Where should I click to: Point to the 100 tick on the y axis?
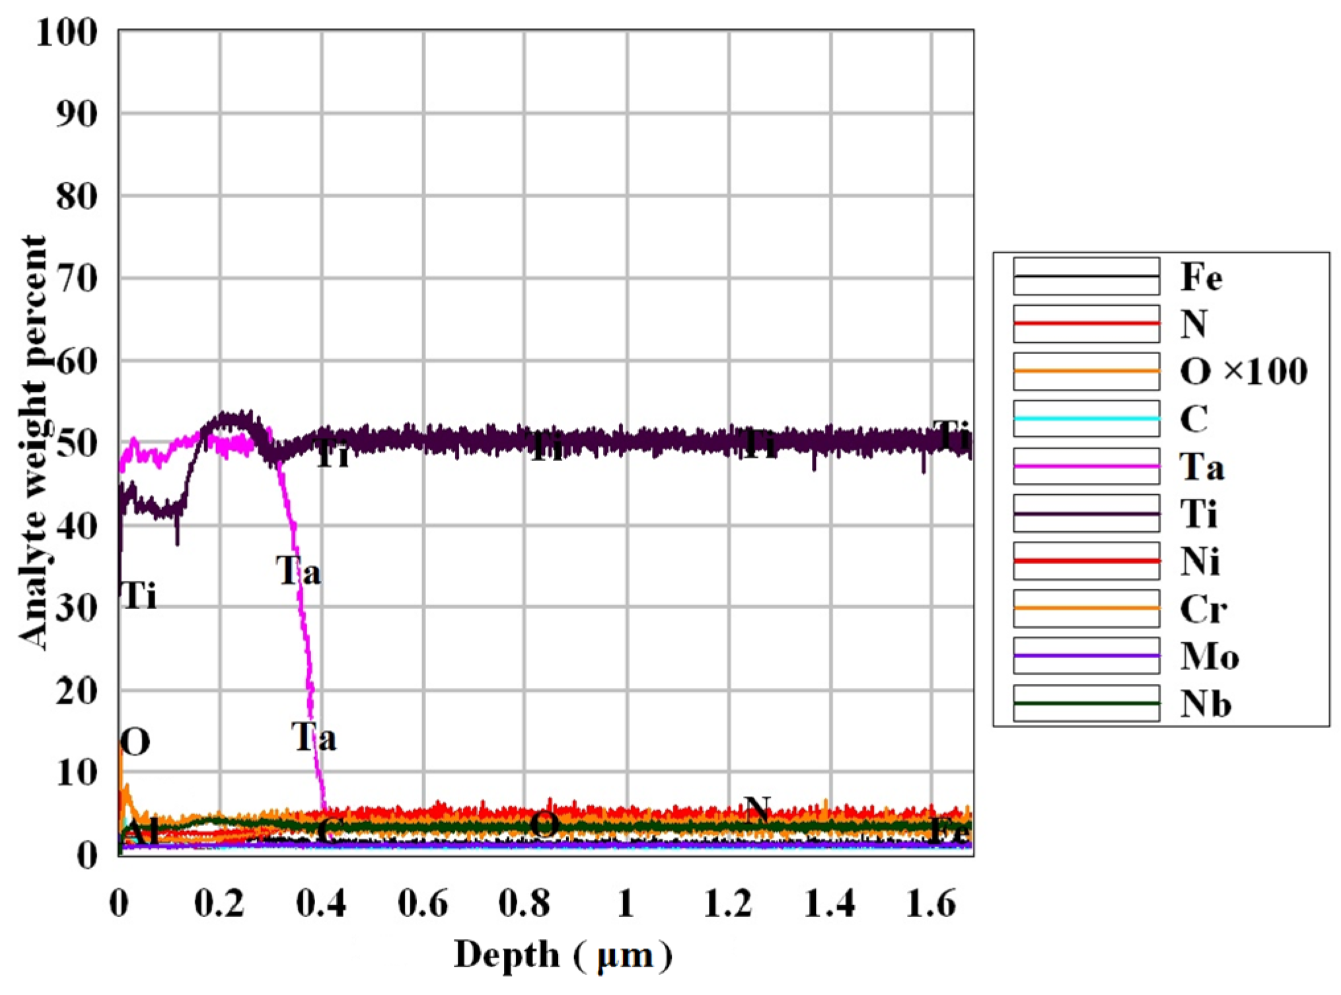click(x=67, y=32)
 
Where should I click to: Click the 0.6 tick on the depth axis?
click(x=423, y=903)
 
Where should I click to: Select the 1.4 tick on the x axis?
click(x=830, y=903)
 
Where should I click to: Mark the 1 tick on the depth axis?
click(x=626, y=903)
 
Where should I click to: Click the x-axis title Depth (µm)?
click(x=562, y=955)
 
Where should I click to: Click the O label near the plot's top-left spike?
click(x=135, y=743)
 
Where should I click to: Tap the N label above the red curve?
click(x=757, y=809)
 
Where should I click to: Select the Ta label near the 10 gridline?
click(x=314, y=737)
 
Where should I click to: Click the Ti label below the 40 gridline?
click(x=139, y=596)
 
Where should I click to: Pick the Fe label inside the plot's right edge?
click(x=949, y=831)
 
